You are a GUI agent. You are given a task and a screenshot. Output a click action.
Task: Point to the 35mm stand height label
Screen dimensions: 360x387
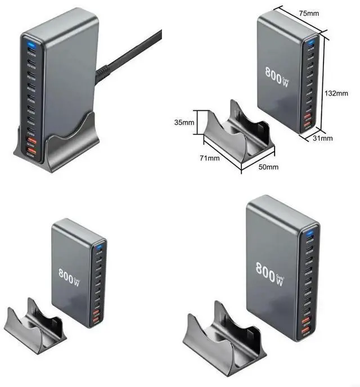(x=184, y=121)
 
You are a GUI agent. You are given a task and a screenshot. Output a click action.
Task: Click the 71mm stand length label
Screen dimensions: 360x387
(x=209, y=158)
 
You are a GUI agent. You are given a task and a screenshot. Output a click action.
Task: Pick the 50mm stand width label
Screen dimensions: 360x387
(x=268, y=167)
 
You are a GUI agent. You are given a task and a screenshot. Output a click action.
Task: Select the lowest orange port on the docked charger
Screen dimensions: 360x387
(x=32, y=152)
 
